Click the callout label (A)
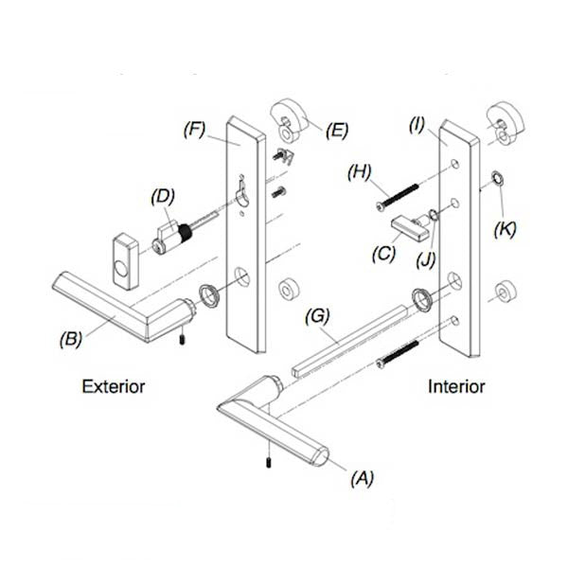click(x=362, y=478)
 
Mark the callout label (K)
click(x=506, y=228)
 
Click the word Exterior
click(x=114, y=386)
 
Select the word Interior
click(x=456, y=386)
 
